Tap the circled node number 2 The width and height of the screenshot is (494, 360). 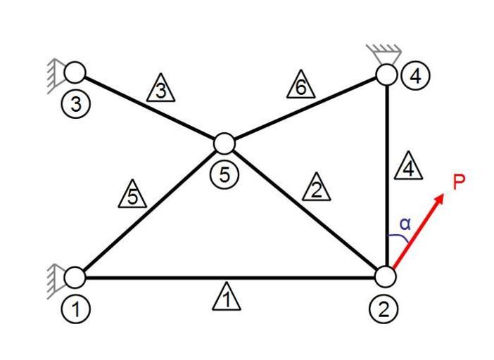click(x=383, y=308)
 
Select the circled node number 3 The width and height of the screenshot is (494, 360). click(x=75, y=105)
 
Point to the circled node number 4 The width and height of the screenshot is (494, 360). click(x=415, y=75)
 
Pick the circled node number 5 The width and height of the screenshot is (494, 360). click(x=224, y=174)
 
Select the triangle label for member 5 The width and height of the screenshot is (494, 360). click(x=133, y=196)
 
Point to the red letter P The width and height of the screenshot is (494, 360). click(x=459, y=184)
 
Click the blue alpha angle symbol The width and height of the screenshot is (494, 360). click(x=405, y=224)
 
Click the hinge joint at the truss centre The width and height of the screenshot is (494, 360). click(x=224, y=143)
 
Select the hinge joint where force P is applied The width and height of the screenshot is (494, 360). click(x=386, y=277)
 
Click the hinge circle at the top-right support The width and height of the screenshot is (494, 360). click(x=386, y=74)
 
